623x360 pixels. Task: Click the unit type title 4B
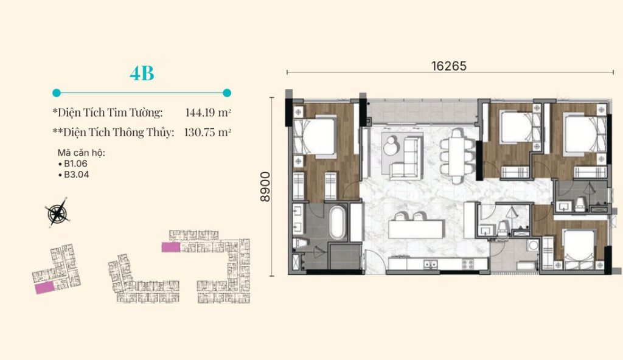coord(142,73)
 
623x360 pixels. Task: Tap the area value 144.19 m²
coord(208,112)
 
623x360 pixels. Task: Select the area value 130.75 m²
coord(207,133)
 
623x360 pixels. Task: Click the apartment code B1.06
coord(75,164)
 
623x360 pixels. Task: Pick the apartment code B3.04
coord(76,175)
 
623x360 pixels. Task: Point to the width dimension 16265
coord(449,66)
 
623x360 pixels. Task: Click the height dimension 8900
coord(265,187)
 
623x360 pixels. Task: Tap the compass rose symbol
coord(58,213)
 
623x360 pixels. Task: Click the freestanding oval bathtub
coord(338,222)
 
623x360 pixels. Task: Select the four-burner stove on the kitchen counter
coord(468,264)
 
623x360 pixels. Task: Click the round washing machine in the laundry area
coord(533,246)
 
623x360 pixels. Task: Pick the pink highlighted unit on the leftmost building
coord(44,287)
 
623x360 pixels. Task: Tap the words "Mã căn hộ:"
coord(82,153)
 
